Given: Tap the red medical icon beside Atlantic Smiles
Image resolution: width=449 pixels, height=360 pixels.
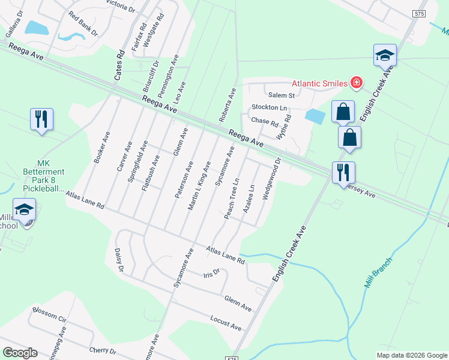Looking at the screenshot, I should click(357, 82).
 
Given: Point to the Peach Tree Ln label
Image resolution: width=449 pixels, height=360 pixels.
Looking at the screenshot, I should click(232, 197).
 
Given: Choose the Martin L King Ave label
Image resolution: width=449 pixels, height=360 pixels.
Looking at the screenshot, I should click(200, 185).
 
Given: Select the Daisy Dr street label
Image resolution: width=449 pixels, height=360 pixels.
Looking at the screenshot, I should click(118, 261).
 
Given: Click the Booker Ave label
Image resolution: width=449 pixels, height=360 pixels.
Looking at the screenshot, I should click(101, 148).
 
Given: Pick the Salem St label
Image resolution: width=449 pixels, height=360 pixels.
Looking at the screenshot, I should click(282, 95).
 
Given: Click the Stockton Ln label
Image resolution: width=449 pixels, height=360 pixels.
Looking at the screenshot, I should click(269, 107).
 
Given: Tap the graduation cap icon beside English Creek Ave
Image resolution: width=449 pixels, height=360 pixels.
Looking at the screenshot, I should click(385, 56).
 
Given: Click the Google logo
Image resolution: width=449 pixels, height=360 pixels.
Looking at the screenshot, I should click(20, 353).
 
